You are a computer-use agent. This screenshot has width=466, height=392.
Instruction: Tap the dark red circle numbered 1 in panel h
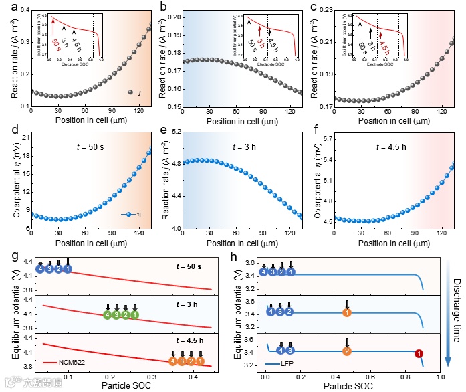[419, 353]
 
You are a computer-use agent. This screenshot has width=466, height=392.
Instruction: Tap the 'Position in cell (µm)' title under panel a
[91, 121]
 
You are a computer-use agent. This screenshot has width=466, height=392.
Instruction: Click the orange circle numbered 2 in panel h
[346, 351]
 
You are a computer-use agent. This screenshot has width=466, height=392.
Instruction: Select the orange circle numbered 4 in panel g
[172, 361]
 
